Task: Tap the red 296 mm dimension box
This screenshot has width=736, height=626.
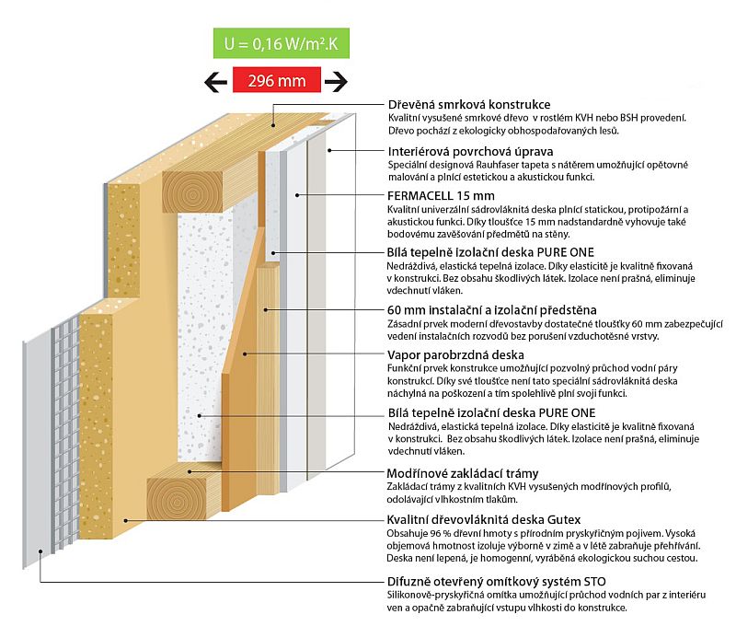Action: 276,81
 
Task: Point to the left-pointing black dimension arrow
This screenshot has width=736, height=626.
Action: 215,81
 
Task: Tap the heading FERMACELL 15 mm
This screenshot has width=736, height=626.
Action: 442,196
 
